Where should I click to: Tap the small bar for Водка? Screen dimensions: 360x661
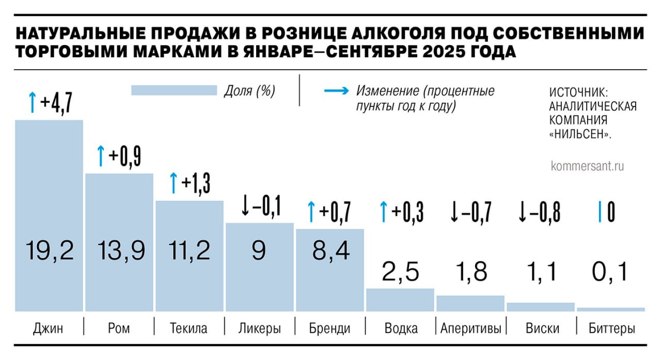click(400, 300)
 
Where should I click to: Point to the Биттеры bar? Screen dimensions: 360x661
click(611, 309)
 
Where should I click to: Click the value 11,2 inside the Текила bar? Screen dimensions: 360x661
click(190, 251)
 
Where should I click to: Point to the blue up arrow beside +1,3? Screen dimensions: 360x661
click(174, 183)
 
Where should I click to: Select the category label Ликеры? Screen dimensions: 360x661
click(260, 328)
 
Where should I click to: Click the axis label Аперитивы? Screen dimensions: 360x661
click(470, 328)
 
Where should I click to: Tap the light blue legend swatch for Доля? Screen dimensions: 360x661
click(174, 91)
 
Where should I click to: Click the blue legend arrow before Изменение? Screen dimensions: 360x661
click(336, 91)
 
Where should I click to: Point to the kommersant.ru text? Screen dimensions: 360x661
click(588, 166)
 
